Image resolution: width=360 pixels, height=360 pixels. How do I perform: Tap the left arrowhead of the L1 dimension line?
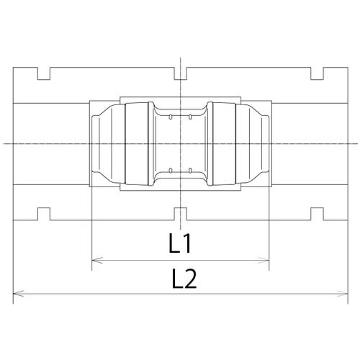coord(96,261)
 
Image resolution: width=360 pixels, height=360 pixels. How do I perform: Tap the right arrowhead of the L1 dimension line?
coord(266,261)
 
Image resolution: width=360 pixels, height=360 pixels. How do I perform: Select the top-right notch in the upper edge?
coord(317,73)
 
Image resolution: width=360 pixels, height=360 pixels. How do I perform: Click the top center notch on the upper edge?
coord(181,73)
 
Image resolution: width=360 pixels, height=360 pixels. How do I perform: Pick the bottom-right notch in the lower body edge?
coord(317,213)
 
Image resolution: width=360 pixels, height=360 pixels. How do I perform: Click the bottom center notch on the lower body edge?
coord(181,213)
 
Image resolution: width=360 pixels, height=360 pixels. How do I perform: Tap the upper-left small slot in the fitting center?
coord(169,115)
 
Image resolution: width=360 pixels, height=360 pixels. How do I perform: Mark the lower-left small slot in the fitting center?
coord(169,171)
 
